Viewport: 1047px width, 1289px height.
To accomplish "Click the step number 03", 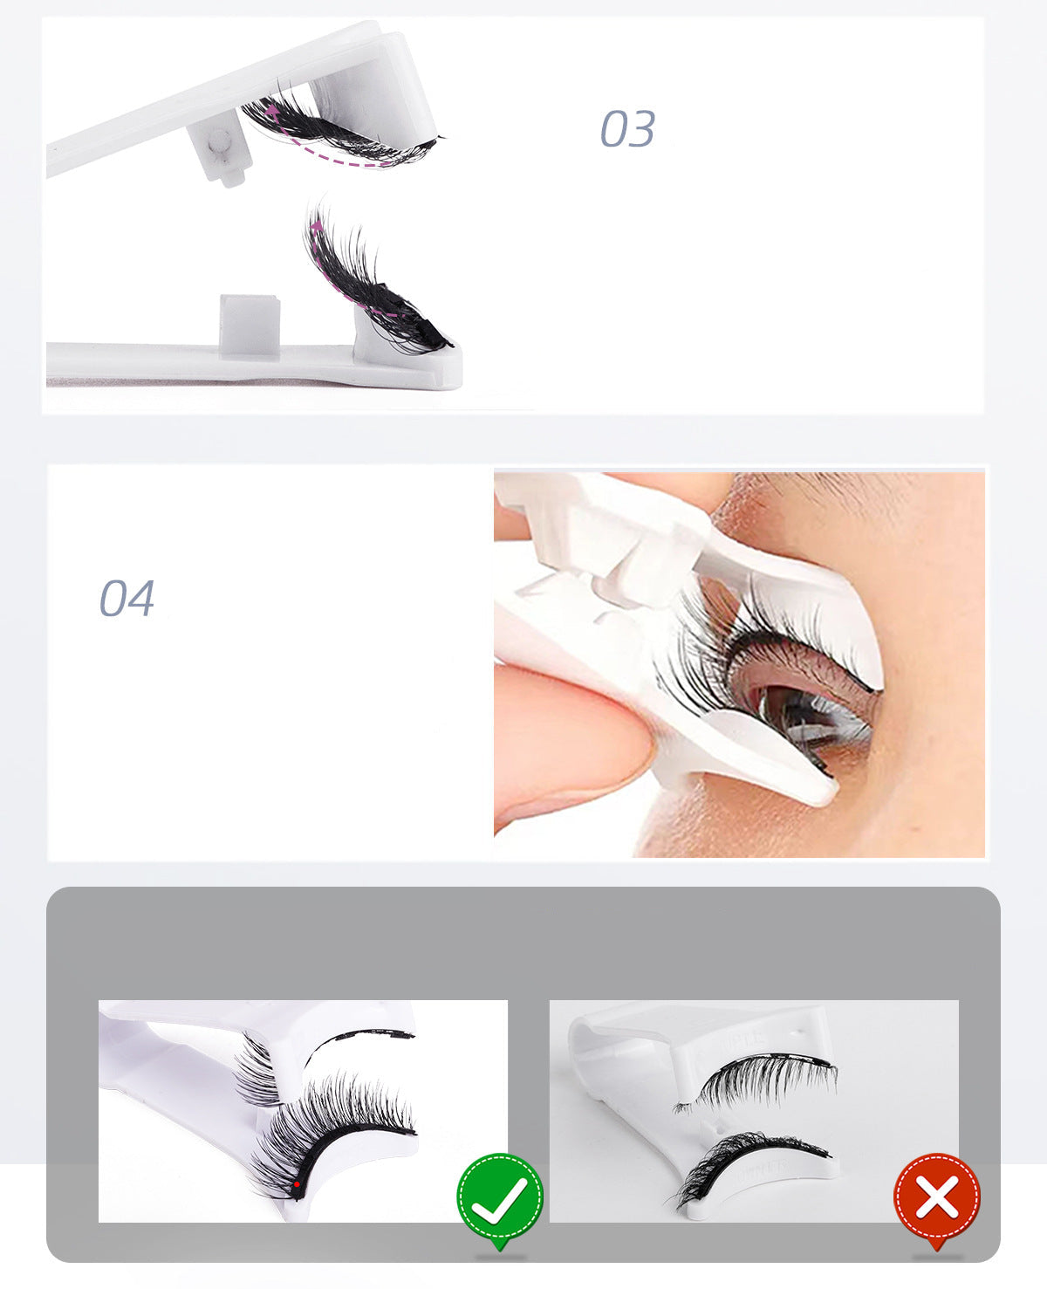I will point(626,129).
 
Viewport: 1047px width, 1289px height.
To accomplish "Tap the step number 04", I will point(127,599).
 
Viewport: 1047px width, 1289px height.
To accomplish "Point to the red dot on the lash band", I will point(297,1184).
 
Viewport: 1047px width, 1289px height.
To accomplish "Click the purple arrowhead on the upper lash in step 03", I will point(273,112).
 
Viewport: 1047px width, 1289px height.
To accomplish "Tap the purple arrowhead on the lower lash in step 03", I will point(316,226).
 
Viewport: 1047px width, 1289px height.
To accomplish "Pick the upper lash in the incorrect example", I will point(759,1080).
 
